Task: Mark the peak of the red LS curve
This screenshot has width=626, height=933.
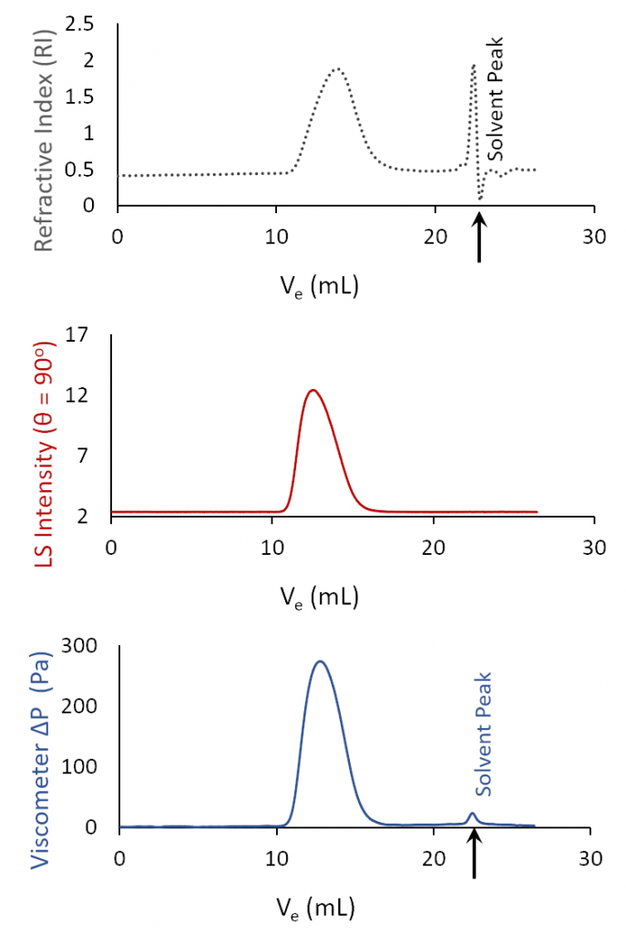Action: [313, 390]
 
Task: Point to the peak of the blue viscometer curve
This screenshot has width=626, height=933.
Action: [320, 661]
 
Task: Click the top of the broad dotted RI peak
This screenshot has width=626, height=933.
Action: [338, 69]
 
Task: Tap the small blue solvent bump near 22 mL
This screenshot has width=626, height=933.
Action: [472, 814]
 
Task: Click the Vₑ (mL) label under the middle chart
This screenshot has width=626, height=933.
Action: [318, 597]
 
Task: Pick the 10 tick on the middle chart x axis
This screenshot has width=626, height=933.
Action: [272, 547]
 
